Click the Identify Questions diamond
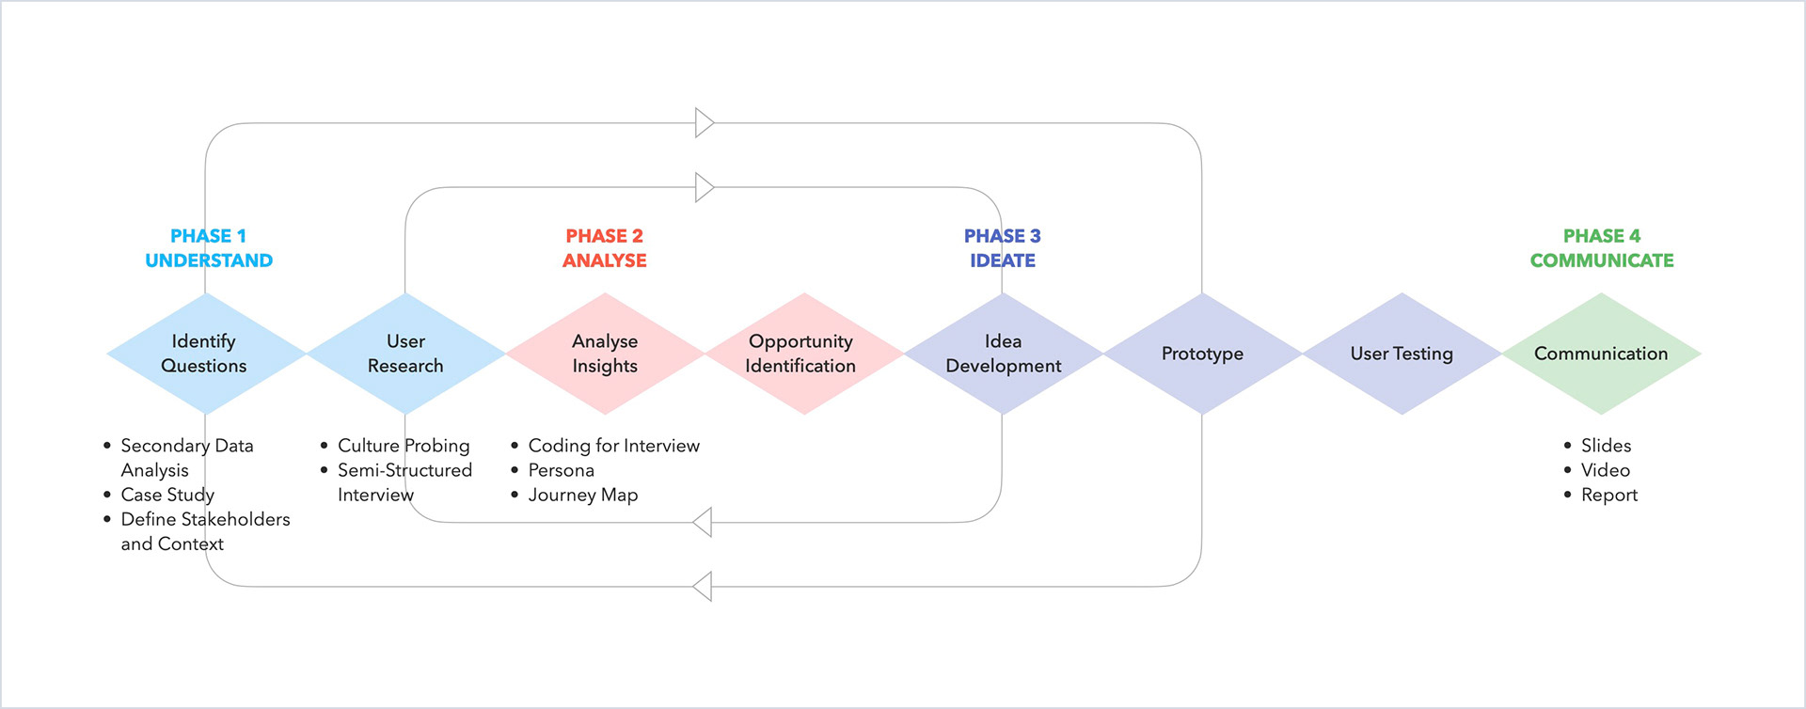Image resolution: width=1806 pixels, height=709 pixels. (206, 354)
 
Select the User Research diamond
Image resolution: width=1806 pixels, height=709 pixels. (405, 354)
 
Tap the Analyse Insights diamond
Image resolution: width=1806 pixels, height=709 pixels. (605, 354)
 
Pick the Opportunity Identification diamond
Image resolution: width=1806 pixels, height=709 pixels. (804, 354)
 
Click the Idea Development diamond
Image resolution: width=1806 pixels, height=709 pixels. (1004, 354)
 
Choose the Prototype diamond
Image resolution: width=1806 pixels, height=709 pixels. (1203, 354)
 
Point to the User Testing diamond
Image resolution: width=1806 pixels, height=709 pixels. (1402, 354)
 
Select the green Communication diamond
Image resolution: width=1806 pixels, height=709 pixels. (1602, 354)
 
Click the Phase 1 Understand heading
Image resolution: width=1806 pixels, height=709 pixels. (209, 248)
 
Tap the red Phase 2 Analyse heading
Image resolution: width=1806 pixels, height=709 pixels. (605, 248)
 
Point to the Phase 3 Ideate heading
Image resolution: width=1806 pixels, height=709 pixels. (1003, 248)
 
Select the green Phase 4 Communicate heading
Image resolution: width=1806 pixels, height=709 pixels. (1602, 248)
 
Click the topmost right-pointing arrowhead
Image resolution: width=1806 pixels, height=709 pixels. (705, 122)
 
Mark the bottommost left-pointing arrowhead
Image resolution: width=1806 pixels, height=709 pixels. (702, 586)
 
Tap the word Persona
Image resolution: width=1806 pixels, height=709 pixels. (562, 470)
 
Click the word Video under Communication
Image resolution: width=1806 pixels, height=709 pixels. (1606, 470)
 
